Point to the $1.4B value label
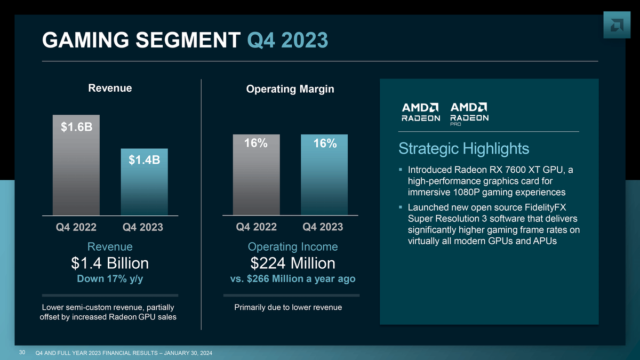144,159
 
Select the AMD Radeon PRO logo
470,114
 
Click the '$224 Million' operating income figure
293,263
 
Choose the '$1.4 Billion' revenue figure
110,263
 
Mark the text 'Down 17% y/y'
110,279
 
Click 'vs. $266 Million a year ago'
293,279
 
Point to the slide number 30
22,353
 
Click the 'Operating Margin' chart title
290,89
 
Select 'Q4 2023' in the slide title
288,40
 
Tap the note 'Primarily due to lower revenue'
288,307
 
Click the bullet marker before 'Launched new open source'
400,207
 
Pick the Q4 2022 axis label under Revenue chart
76,227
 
